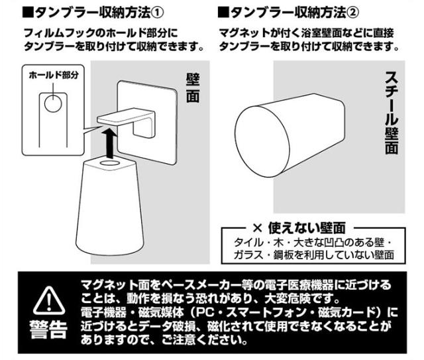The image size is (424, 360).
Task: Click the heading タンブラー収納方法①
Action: (99, 12)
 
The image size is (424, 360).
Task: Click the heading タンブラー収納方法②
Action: (294, 12)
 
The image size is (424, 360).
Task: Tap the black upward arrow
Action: (109, 143)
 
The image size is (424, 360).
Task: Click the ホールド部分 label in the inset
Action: (54, 75)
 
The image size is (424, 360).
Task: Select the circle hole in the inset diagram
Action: (53, 103)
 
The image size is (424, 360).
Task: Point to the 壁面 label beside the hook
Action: (193, 88)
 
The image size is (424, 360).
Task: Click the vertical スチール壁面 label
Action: (392, 112)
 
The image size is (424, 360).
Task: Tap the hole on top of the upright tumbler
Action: (110, 163)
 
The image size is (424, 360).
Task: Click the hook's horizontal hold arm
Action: (123, 117)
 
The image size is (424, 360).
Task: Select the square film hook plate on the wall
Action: (147, 122)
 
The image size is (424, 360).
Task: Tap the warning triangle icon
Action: (49, 300)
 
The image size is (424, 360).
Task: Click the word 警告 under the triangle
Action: (48, 329)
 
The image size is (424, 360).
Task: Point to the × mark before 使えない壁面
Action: (258, 228)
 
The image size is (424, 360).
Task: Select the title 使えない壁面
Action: (307, 228)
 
